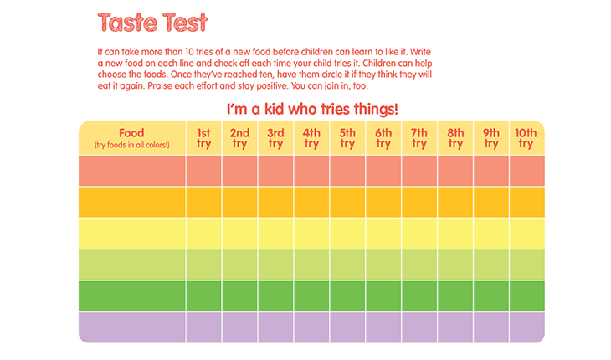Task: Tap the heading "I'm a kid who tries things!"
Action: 311,109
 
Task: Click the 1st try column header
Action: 203,137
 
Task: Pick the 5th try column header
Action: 347,137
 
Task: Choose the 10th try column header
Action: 526,137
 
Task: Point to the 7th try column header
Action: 419,137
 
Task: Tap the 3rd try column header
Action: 275,137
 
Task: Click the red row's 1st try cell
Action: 203,171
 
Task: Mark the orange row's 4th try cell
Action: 311,202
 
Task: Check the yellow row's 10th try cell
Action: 526,233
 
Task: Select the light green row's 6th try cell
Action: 383,265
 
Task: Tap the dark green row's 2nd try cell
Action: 239,296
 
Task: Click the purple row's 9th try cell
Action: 491,327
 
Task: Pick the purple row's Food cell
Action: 131,327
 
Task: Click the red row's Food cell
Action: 131,171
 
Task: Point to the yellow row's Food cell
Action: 131,233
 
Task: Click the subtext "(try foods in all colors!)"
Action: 131,146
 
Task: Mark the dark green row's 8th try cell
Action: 455,296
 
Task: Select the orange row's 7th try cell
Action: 419,202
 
